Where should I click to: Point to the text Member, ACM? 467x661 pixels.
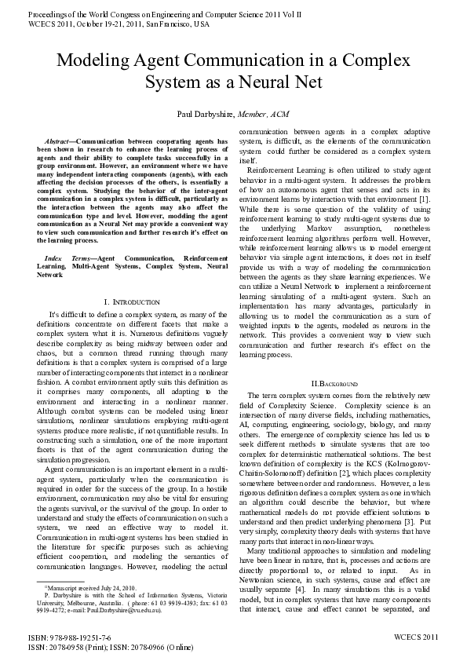269,115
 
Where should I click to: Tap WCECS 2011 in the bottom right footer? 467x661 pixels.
416,639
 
